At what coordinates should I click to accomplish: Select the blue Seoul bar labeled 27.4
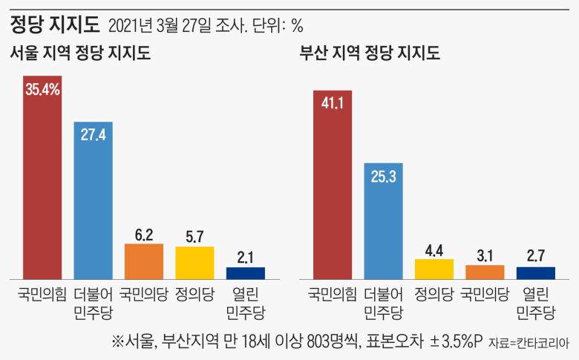point(93,200)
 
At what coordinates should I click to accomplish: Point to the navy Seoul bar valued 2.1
point(245,272)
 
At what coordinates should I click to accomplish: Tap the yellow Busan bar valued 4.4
point(434,268)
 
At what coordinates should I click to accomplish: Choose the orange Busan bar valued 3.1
point(484,271)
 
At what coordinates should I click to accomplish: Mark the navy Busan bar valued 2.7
point(534,272)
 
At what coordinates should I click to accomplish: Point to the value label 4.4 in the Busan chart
point(434,250)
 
